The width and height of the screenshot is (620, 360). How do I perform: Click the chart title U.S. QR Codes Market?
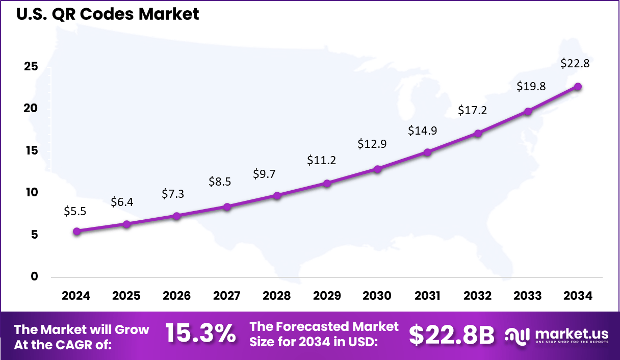click(x=108, y=14)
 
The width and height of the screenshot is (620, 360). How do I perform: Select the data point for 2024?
click(x=76, y=231)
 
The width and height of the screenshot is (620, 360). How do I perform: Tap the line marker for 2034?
click(x=578, y=87)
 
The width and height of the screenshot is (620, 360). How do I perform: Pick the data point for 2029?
click(x=327, y=183)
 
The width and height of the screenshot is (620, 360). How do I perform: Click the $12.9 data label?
click(x=372, y=144)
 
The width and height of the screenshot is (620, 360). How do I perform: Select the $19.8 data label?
click(x=531, y=86)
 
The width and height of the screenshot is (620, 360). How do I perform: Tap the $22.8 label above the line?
click(x=575, y=63)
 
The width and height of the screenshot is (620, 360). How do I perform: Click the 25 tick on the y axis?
click(x=31, y=67)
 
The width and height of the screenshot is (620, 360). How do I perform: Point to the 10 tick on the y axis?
click(x=31, y=192)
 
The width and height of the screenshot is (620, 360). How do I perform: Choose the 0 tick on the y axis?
click(x=34, y=276)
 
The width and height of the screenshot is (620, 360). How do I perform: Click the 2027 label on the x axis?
click(x=226, y=296)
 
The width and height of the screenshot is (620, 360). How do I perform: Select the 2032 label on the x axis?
click(x=478, y=296)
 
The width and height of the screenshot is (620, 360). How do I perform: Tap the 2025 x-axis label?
click(x=126, y=296)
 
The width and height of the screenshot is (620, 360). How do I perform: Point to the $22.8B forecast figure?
click(x=451, y=335)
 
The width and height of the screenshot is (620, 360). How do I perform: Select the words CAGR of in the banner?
click(x=87, y=345)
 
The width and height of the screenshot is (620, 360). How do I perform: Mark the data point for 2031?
click(x=427, y=152)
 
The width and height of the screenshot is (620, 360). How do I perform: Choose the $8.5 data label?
click(x=220, y=182)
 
